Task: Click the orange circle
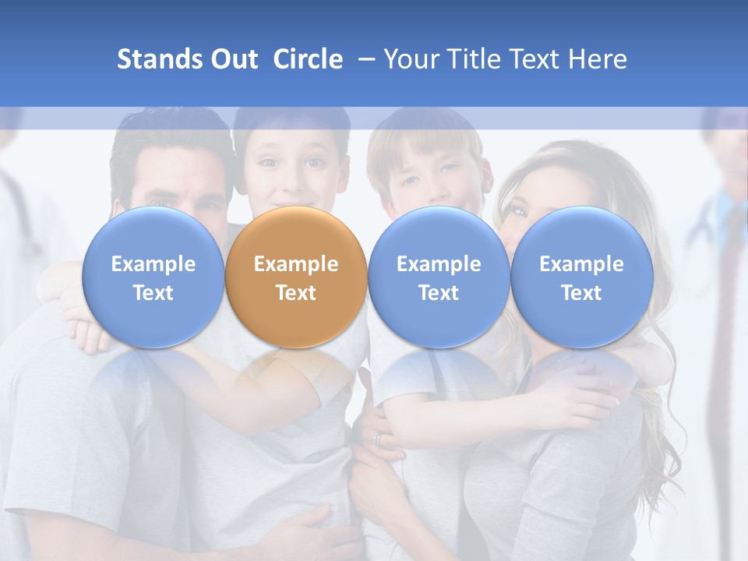(296, 277)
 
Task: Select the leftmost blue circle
(153, 277)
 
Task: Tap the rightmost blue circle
(581, 277)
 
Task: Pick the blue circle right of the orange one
(439, 277)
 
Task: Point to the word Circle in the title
(308, 59)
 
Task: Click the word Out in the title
(234, 59)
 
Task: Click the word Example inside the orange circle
(296, 264)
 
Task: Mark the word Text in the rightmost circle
(581, 293)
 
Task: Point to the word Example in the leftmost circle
(153, 264)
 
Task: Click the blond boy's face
(430, 175)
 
